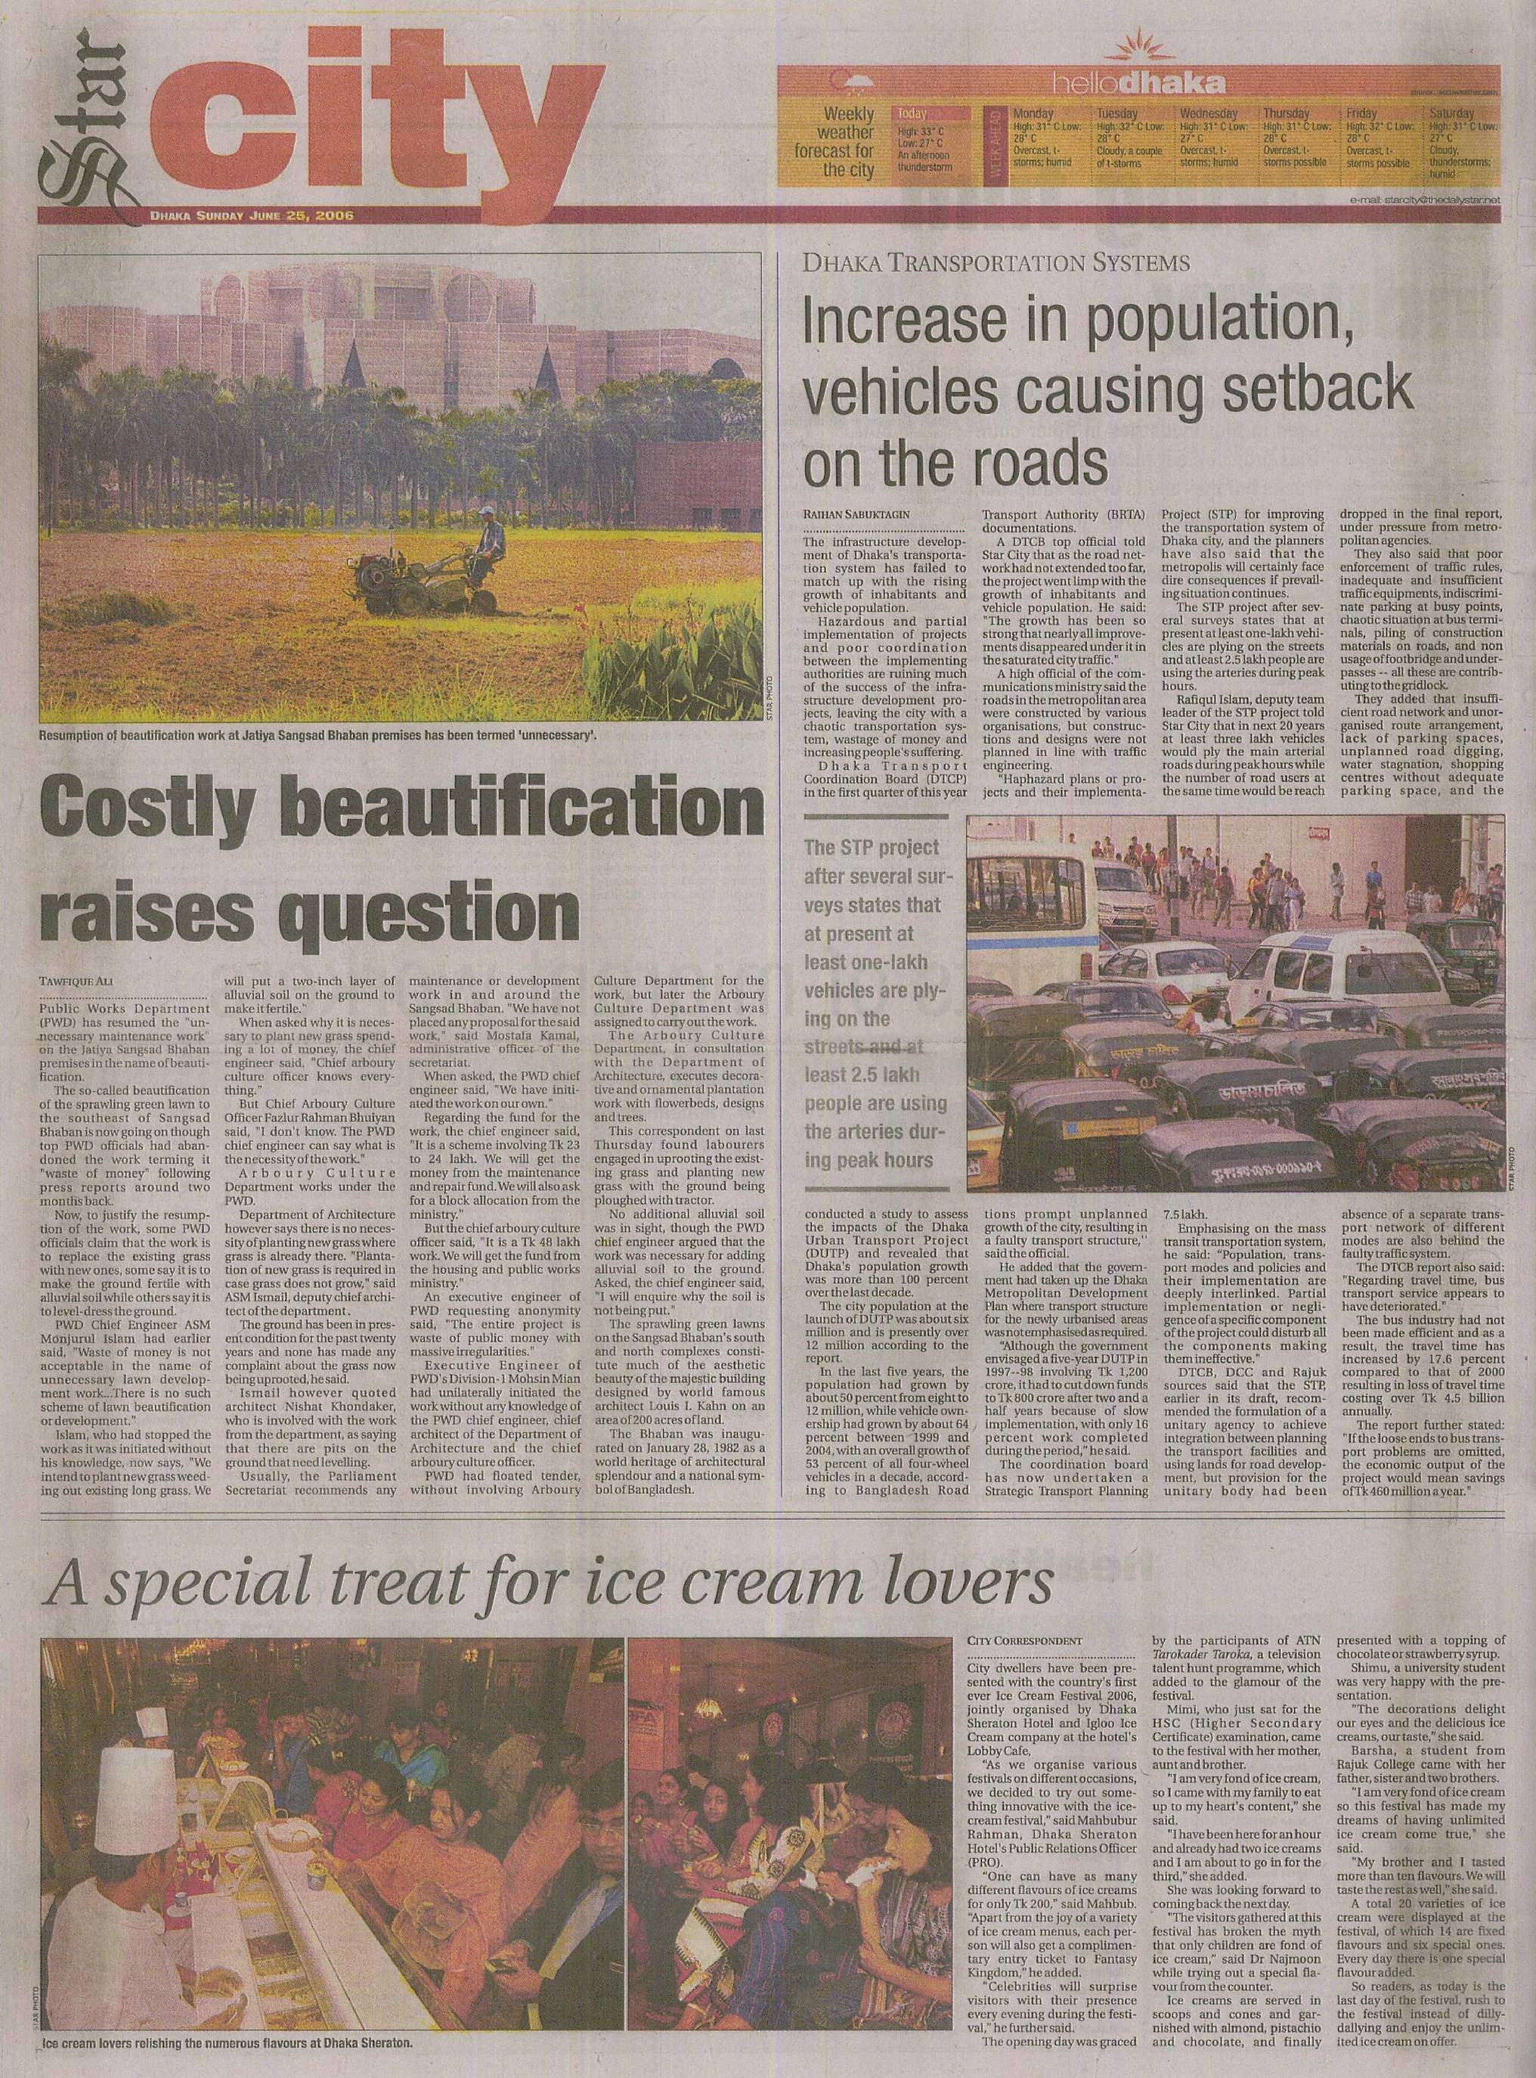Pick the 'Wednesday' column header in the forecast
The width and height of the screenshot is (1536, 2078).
pyautogui.click(x=1210, y=113)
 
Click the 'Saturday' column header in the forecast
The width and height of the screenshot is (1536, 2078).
pyautogui.click(x=1455, y=113)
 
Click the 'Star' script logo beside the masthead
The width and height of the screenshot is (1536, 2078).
pyautogui.click(x=74, y=121)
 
